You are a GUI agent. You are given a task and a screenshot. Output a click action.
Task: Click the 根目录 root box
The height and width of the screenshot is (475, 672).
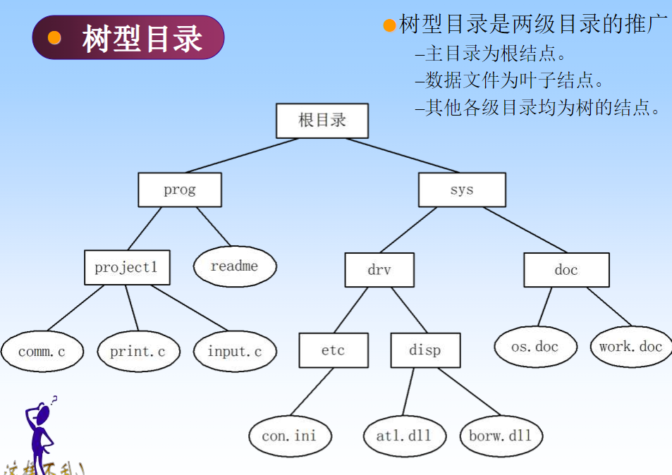click(322, 121)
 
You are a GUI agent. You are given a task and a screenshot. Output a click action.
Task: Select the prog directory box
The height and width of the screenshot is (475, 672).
click(180, 190)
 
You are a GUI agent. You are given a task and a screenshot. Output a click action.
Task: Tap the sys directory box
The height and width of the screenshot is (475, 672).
click(462, 190)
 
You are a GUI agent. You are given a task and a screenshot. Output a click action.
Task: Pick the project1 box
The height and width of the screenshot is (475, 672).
click(127, 267)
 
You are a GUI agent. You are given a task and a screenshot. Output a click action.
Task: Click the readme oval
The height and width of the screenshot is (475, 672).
click(235, 266)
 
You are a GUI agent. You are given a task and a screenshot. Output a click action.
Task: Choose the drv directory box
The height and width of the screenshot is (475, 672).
click(379, 270)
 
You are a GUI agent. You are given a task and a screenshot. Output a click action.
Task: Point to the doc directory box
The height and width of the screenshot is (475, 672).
click(566, 270)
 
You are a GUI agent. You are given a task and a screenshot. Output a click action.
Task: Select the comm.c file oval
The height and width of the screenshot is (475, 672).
click(42, 351)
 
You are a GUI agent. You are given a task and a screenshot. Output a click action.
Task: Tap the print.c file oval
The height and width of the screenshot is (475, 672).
click(138, 351)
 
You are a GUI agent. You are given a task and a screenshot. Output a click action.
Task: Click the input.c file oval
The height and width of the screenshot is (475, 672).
click(235, 351)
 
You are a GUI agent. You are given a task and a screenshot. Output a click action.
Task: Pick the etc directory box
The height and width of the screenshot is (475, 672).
click(334, 350)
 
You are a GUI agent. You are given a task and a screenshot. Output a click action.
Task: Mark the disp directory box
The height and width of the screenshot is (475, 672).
click(425, 350)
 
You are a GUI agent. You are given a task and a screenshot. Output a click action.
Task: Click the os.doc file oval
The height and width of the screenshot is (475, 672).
click(535, 346)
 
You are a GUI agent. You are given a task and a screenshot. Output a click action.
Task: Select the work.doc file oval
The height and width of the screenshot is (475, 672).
click(631, 346)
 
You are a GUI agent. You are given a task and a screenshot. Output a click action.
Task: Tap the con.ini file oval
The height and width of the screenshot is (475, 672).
click(289, 436)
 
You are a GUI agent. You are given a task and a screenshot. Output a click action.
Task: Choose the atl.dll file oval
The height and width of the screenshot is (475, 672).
click(403, 436)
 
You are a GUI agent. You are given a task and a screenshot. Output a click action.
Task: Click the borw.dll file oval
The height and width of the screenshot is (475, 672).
click(500, 436)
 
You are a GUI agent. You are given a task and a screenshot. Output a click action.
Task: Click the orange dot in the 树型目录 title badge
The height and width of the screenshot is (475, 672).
click(54, 38)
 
